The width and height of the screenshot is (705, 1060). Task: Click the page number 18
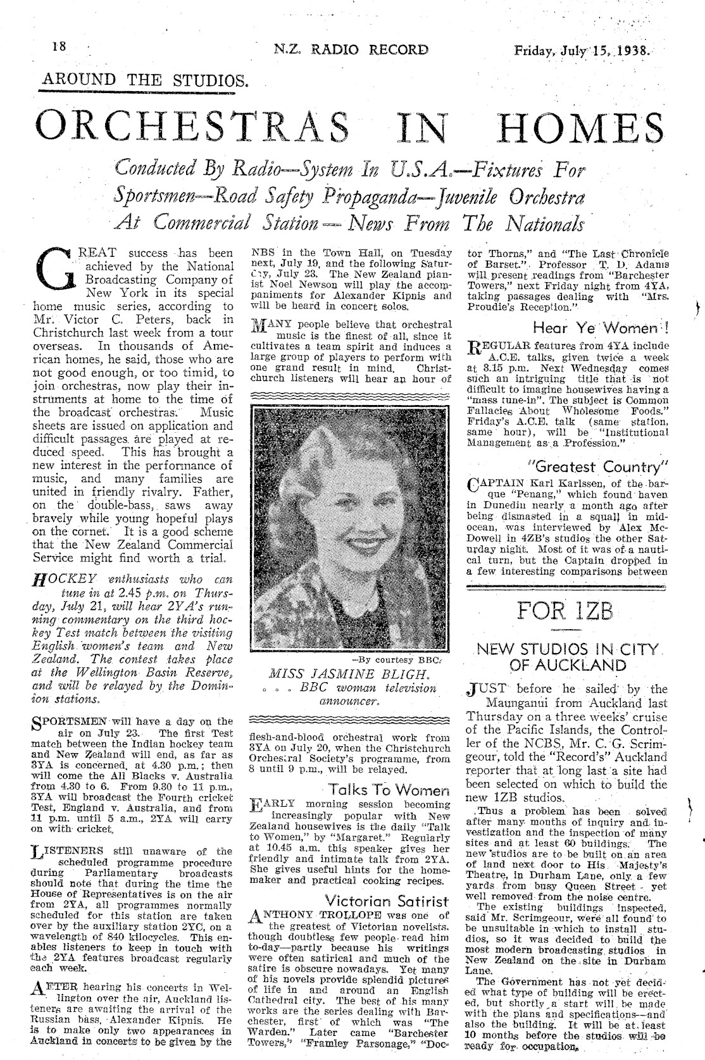coord(60,49)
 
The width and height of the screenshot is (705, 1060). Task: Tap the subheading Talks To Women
coord(388,790)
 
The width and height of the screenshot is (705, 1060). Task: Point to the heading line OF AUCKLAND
coord(568,665)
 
